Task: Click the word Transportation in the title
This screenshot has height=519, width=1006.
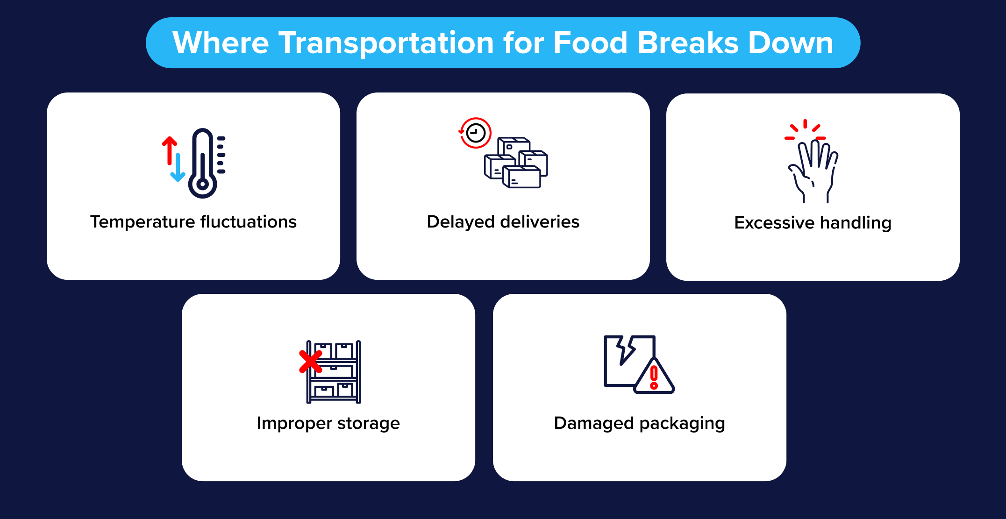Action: (x=386, y=43)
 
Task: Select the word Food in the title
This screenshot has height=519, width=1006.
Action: (x=590, y=43)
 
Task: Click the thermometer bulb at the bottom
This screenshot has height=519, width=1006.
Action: (x=202, y=184)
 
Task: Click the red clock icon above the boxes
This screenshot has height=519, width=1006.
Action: (x=476, y=133)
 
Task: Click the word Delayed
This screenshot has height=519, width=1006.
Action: (x=460, y=222)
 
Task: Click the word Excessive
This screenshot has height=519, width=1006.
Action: (x=774, y=223)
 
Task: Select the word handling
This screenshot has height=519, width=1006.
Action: (x=856, y=223)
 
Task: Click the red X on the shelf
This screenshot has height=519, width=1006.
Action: (x=310, y=362)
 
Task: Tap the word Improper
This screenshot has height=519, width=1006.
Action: (x=294, y=423)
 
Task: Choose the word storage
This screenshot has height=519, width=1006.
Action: (x=368, y=423)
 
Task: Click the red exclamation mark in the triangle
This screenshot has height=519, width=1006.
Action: (x=654, y=377)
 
